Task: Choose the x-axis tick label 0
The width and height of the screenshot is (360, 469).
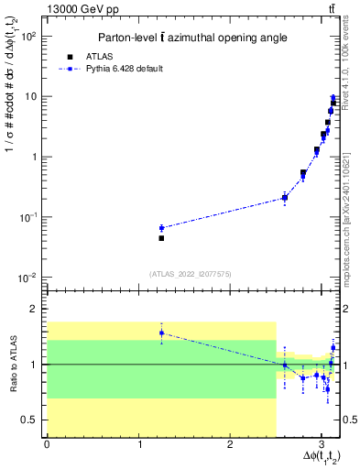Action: tap(47, 444)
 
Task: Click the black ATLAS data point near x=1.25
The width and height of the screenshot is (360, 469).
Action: tap(161, 238)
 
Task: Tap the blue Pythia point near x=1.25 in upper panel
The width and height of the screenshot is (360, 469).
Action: tap(161, 228)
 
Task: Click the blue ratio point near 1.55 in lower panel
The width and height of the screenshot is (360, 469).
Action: tap(161, 333)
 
